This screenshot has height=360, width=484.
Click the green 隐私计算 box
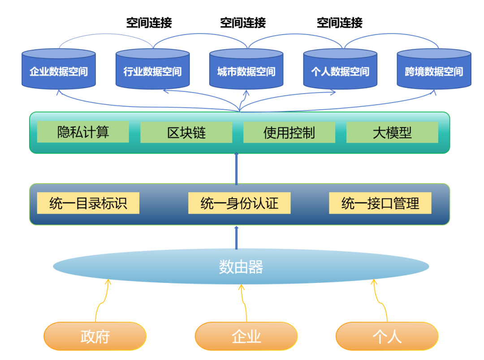click(x=83, y=132)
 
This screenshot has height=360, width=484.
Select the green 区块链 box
click(x=186, y=133)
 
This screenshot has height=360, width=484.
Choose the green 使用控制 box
click(x=289, y=133)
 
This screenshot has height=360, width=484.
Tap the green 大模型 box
click(x=392, y=133)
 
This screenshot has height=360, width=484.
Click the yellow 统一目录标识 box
click(x=88, y=203)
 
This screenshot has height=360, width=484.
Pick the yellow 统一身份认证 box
click(x=239, y=203)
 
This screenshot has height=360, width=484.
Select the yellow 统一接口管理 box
click(x=380, y=203)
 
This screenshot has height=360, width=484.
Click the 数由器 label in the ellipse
click(x=241, y=267)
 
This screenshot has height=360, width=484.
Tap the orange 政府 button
click(x=95, y=336)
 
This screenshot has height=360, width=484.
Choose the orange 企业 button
click(x=246, y=336)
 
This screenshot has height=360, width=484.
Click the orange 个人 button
click(x=387, y=336)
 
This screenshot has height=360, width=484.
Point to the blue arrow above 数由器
click(x=237, y=238)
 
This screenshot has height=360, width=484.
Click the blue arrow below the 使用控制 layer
click(x=237, y=168)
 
